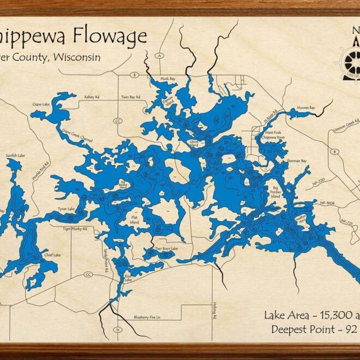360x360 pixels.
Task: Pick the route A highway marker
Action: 160,56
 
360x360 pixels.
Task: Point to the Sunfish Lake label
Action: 15,155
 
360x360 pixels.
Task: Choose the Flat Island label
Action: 135,219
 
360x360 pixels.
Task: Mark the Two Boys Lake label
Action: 166,249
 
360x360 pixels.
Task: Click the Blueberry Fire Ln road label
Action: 148,317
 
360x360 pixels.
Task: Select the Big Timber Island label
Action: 276,191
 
